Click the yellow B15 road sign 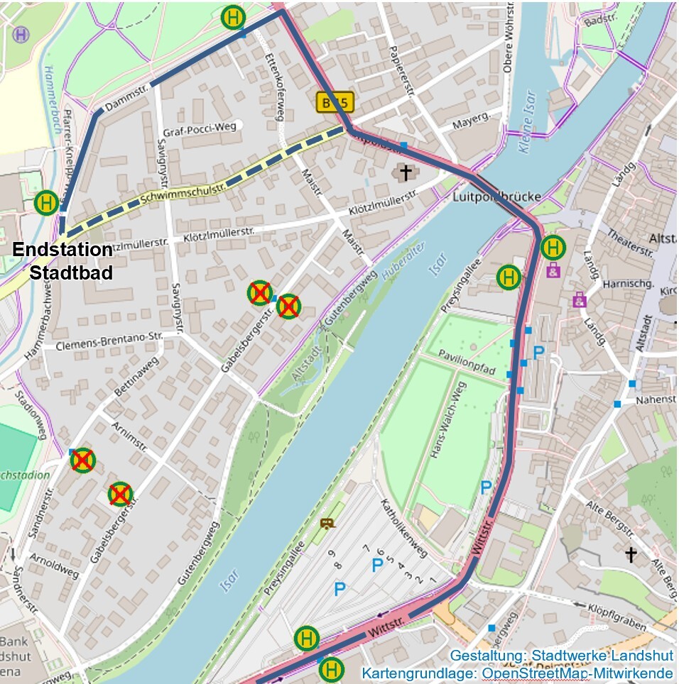click(x=335, y=103)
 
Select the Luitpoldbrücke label click(x=497, y=197)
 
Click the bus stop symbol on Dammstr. click(x=233, y=17)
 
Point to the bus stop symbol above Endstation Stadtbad click(x=47, y=203)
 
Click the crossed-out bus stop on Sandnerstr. click(x=82, y=460)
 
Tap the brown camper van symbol click(x=327, y=524)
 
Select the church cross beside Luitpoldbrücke click(x=406, y=172)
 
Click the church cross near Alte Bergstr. click(x=630, y=554)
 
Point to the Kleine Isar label click(x=527, y=123)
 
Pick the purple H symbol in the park click(x=23, y=34)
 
